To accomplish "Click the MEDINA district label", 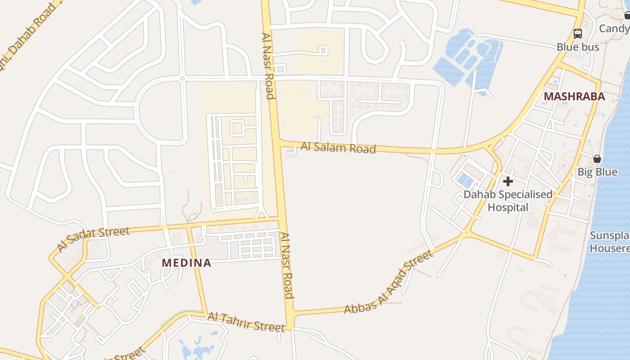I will pos(186,263).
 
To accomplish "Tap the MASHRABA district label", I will pos(574,97).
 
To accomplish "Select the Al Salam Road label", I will pos(338,147).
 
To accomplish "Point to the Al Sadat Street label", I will pos(93,238).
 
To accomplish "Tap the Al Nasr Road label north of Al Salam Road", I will pos(268,66).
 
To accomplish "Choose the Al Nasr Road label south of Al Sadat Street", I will pos(287,265).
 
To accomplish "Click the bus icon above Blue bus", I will pos(578,33).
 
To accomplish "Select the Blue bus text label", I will pos(578,47).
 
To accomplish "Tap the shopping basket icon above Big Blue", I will pos(597,159).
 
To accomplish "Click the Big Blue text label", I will pos(597,172).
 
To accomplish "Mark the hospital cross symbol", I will pos(508,181).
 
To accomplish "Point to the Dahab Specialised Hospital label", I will pos(508,201).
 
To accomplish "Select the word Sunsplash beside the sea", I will pos(610,236).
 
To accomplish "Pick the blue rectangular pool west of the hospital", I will pos(465,181).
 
